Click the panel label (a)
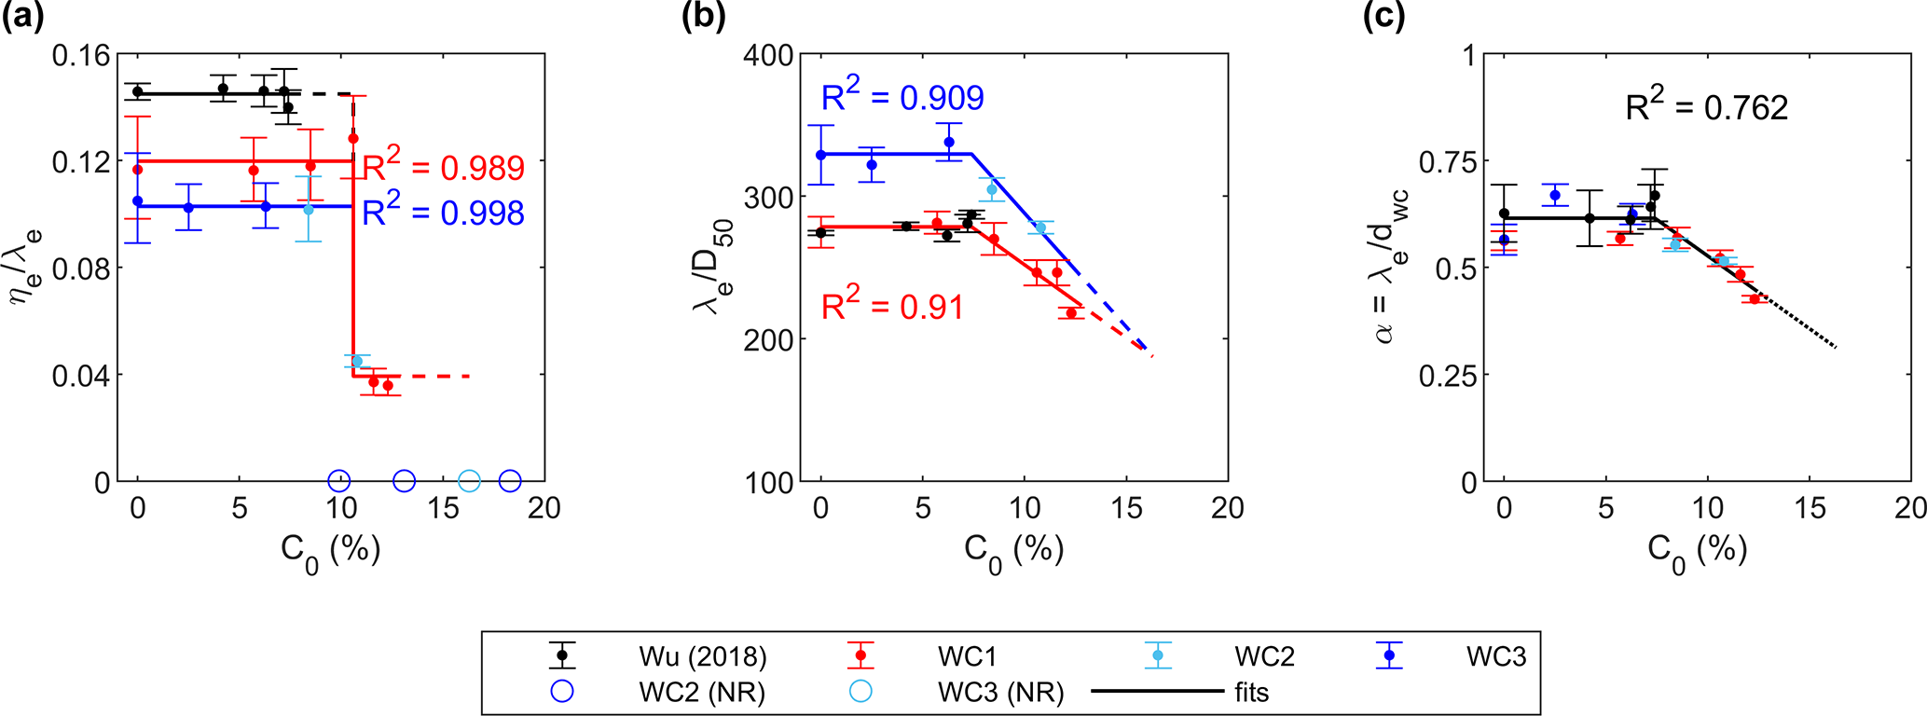point(22,18)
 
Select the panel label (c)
point(1383,18)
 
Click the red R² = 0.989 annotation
point(444,168)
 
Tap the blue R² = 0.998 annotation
point(444,213)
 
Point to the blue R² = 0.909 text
point(902,97)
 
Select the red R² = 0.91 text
point(891,307)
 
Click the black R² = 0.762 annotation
point(1706,107)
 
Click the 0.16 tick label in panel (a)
point(80,56)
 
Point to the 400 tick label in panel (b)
point(768,56)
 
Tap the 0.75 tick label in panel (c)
point(1448,162)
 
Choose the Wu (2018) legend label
point(703,656)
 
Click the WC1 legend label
point(967,656)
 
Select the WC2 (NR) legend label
point(702,693)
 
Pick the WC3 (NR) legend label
point(1000,693)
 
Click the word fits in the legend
point(1250,693)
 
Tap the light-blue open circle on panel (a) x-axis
point(470,481)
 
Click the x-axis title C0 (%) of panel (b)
point(1013,550)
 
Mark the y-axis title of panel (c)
point(1392,267)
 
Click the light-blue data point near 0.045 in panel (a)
point(357,362)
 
